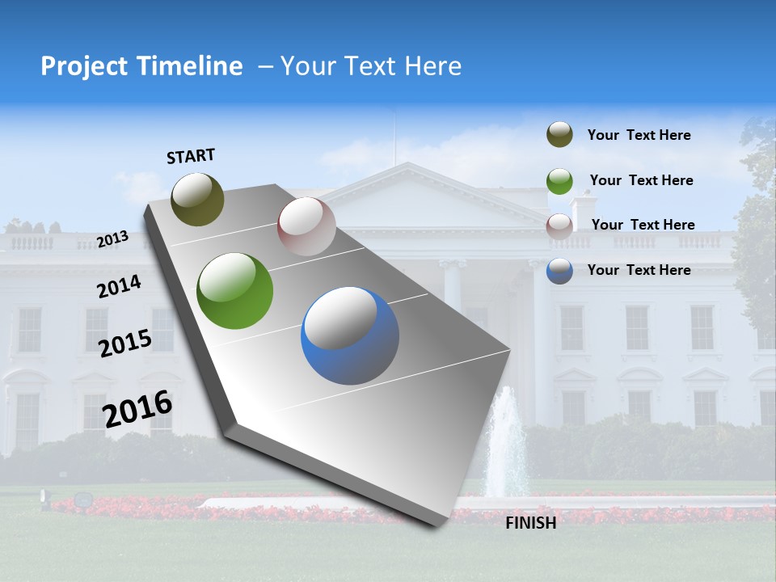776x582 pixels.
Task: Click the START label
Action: point(191,156)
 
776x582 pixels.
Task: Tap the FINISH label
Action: point(531,523)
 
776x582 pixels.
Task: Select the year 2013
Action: point(112,238)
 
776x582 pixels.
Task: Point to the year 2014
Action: point(119,287)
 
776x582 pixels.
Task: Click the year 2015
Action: point(125,344)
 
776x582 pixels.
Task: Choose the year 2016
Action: point(137,409)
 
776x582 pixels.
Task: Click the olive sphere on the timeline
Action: point(197,199)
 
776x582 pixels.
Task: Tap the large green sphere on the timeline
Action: point(235,291)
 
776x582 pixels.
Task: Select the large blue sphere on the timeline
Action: point(350,335)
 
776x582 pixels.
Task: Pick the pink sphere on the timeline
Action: point(306,226)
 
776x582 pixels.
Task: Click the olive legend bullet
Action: point(559,135)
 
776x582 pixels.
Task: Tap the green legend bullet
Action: point(559,180)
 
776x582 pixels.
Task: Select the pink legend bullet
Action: point(559,226)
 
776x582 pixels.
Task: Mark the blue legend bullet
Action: point(559,271)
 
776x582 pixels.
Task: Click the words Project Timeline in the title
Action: point(141,66)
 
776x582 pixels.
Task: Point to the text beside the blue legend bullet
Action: point(639,270)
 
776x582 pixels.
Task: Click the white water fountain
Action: point(507,445)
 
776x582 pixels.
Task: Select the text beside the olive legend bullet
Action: point(639,135)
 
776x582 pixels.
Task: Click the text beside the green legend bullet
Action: point(641,180)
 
